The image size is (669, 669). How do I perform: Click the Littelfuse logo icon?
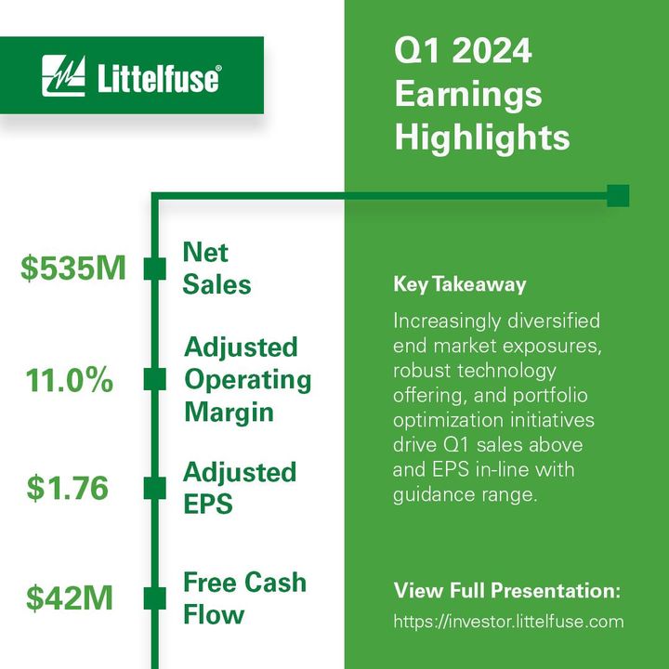point(63,75)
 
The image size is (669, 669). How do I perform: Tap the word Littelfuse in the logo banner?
point(159,78)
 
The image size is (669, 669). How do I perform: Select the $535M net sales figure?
point(73,268)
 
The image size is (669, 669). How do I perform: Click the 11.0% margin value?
point(70,380)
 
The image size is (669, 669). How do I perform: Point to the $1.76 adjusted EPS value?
point(68,488)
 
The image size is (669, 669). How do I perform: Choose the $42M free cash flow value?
point(70,597)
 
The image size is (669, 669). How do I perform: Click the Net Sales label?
point(216,268)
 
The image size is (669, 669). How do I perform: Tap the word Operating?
point(248,380)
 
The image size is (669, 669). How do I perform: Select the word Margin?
point(230,413)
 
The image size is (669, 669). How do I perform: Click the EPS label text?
point(208,504)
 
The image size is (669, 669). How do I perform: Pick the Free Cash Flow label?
point(245,598)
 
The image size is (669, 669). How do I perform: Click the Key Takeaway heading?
point(460,284)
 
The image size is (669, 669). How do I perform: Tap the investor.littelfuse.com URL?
point(508,622)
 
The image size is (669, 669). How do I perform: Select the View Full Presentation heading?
point(507,591)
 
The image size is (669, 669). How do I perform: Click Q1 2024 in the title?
point(464,51)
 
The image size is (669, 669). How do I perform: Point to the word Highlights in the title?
point(482,138)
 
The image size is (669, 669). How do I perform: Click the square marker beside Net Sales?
point(155,269)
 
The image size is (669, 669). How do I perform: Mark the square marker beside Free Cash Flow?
point(155,598)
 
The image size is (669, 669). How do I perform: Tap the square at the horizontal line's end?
point(618,196)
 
